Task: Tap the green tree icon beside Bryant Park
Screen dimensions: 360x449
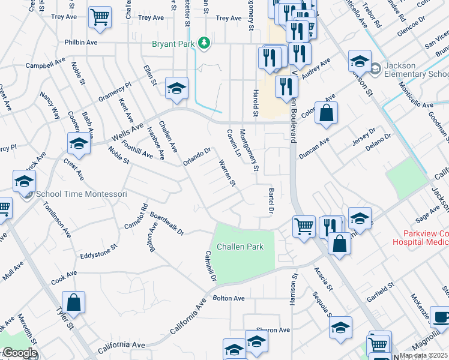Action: pos(205,43)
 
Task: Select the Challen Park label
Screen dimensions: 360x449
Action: pos(240,247)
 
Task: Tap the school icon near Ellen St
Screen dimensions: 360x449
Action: pos(177,88)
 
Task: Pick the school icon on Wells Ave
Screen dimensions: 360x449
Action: pos(78,143)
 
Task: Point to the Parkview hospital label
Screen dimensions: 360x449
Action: pos(420,238)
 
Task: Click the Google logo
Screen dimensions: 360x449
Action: pos(19,353)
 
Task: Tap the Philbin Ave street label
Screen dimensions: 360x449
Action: pos(82,43)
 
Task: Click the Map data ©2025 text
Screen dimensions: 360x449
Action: pos(423,355)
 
